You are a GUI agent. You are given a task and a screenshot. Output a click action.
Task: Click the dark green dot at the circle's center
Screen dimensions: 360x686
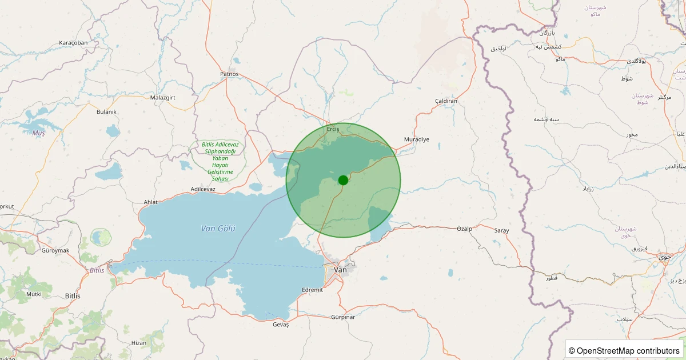pos(343,180)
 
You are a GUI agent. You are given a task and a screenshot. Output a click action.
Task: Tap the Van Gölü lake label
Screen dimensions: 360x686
pos(218,229)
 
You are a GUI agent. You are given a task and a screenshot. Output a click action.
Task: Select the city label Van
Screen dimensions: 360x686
pos(341,269)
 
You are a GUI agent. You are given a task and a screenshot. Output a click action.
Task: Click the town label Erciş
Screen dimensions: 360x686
pos(333,129)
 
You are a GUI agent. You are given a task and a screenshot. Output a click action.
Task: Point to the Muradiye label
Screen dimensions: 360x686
pos(416,139)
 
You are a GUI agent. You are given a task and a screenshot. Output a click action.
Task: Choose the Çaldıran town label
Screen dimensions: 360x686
pos(446,101)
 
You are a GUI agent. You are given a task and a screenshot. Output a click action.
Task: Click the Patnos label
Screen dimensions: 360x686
pos(229,74)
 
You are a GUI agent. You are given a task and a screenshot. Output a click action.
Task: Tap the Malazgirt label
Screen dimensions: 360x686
pos(162,98)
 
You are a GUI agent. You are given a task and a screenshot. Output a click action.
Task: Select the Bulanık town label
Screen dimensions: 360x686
pos(107,112)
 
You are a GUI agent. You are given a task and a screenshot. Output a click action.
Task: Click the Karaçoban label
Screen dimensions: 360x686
pos(73,43)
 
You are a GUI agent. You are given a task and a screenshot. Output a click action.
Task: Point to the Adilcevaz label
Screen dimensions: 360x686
pos(203,189)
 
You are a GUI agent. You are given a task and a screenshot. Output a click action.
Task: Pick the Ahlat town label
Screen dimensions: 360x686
pos(150,202)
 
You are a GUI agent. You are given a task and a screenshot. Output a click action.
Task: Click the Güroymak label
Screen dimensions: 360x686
pos(55,250)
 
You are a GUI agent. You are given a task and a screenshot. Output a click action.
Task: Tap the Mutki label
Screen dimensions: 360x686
pos(34,294)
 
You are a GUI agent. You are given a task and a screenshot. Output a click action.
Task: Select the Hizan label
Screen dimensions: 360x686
pos(139,342)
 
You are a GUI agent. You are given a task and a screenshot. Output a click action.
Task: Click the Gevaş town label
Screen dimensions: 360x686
pos(281,325)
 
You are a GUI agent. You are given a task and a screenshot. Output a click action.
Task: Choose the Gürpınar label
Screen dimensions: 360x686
pos(343,317)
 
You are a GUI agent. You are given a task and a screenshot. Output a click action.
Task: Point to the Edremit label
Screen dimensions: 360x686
pos(312,290)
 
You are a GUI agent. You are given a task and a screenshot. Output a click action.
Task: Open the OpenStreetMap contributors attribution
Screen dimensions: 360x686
pos(624,350)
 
